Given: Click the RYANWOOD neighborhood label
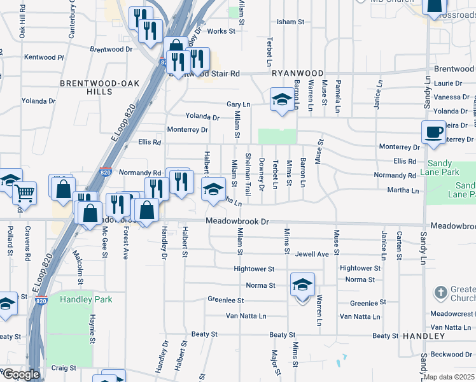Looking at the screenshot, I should coord(298,73).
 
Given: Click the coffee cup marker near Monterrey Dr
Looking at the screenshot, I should coord(433,132).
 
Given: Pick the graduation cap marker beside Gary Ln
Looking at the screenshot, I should coord(281,100).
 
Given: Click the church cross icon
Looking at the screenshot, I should coord(440,293).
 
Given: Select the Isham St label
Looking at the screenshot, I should coord(290,22).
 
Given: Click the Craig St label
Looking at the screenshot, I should coord(64,367).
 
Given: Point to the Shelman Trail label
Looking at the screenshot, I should coord(248,174).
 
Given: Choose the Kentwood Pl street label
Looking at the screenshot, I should coord(44,57).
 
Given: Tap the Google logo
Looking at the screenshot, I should coord(20,374).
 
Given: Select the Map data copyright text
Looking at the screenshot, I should coord(449,377).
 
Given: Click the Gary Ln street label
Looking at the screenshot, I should coord(239,104).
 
